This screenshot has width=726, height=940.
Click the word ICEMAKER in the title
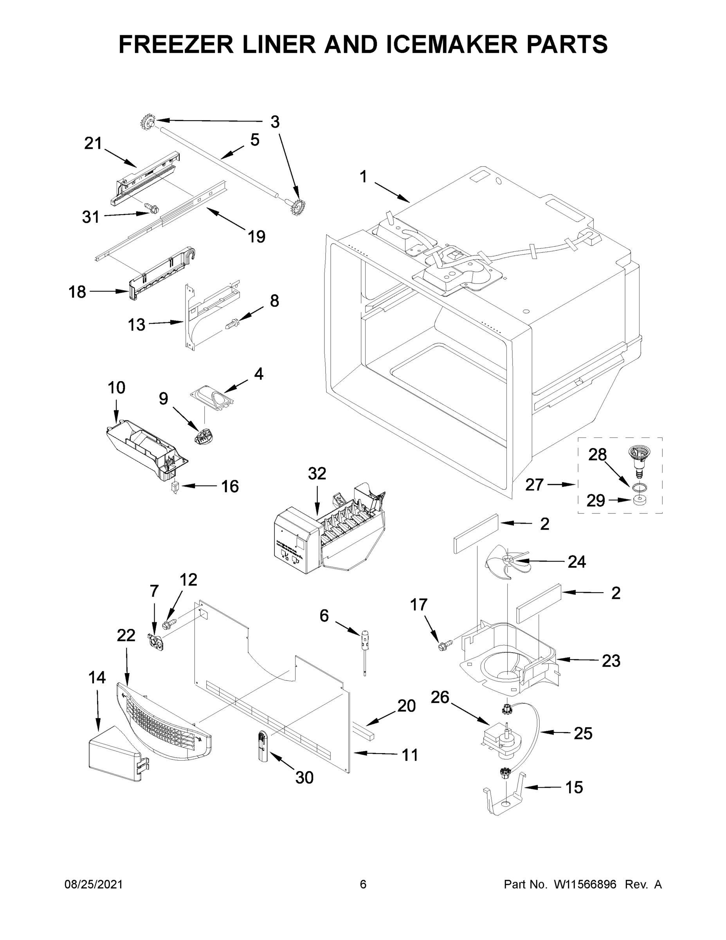[452, 44]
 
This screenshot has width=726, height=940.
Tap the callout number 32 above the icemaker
[317, 474]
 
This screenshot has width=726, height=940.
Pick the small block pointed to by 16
[175, 487]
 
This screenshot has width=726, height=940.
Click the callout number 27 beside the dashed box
[535, 485]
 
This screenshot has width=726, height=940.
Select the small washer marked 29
[640, 500]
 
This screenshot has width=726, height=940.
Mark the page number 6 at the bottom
[363, 885]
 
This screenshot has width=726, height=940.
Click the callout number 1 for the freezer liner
[364, 177]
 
